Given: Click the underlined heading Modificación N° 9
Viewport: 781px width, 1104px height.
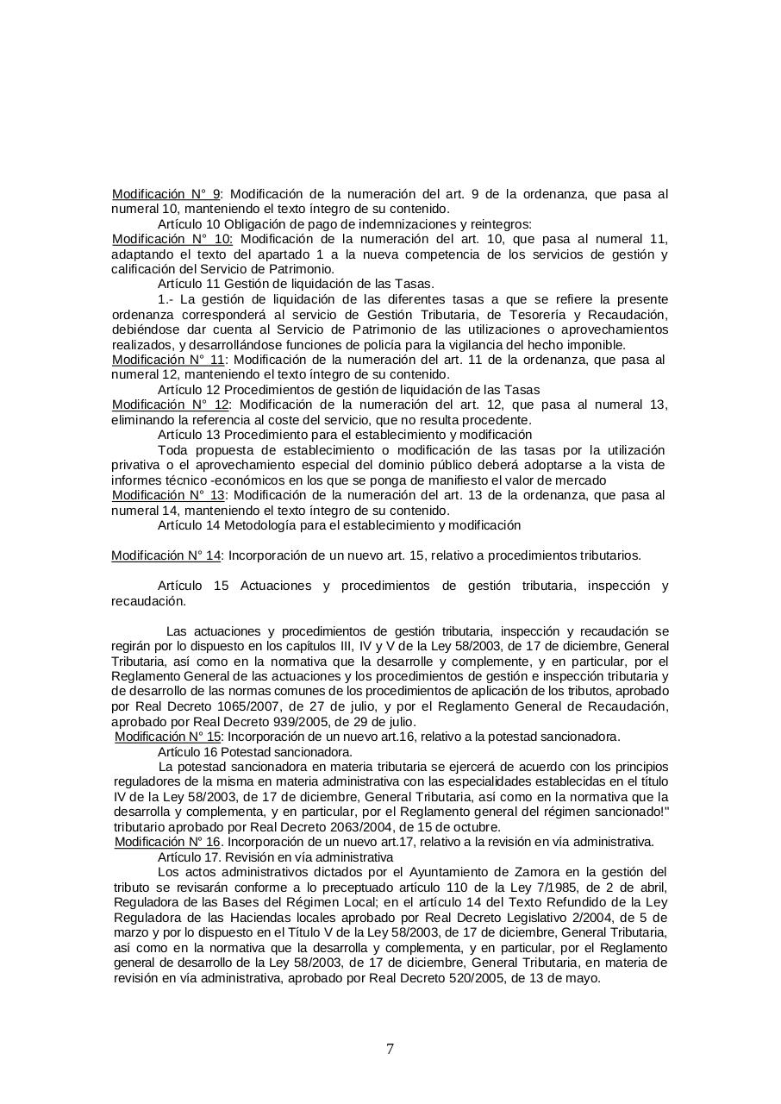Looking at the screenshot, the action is (166, 194).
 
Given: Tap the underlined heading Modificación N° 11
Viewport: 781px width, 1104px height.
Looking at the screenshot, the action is (169, 360).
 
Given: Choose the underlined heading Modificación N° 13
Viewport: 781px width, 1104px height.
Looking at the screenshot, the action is (169, 495).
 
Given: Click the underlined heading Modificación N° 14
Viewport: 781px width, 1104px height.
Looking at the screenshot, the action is (166, 555).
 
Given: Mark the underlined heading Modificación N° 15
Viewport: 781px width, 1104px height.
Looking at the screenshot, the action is (168, 737).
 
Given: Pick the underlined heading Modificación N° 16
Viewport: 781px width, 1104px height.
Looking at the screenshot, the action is (168, 842).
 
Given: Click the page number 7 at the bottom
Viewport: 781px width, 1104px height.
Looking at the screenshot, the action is (390, 1050).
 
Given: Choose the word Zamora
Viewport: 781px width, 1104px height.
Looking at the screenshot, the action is (534, 872).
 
